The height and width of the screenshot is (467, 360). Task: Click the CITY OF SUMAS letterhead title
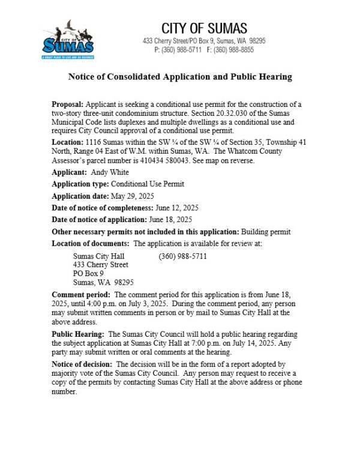pos(204,28)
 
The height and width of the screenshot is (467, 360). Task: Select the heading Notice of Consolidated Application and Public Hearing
pos(179,77)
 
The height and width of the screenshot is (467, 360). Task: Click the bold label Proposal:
pos(68,106)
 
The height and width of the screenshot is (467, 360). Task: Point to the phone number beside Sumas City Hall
pos(183,256)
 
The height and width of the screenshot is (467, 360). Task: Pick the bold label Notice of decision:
pos(83,364)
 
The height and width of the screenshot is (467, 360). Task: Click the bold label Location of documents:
pos(91,243)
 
